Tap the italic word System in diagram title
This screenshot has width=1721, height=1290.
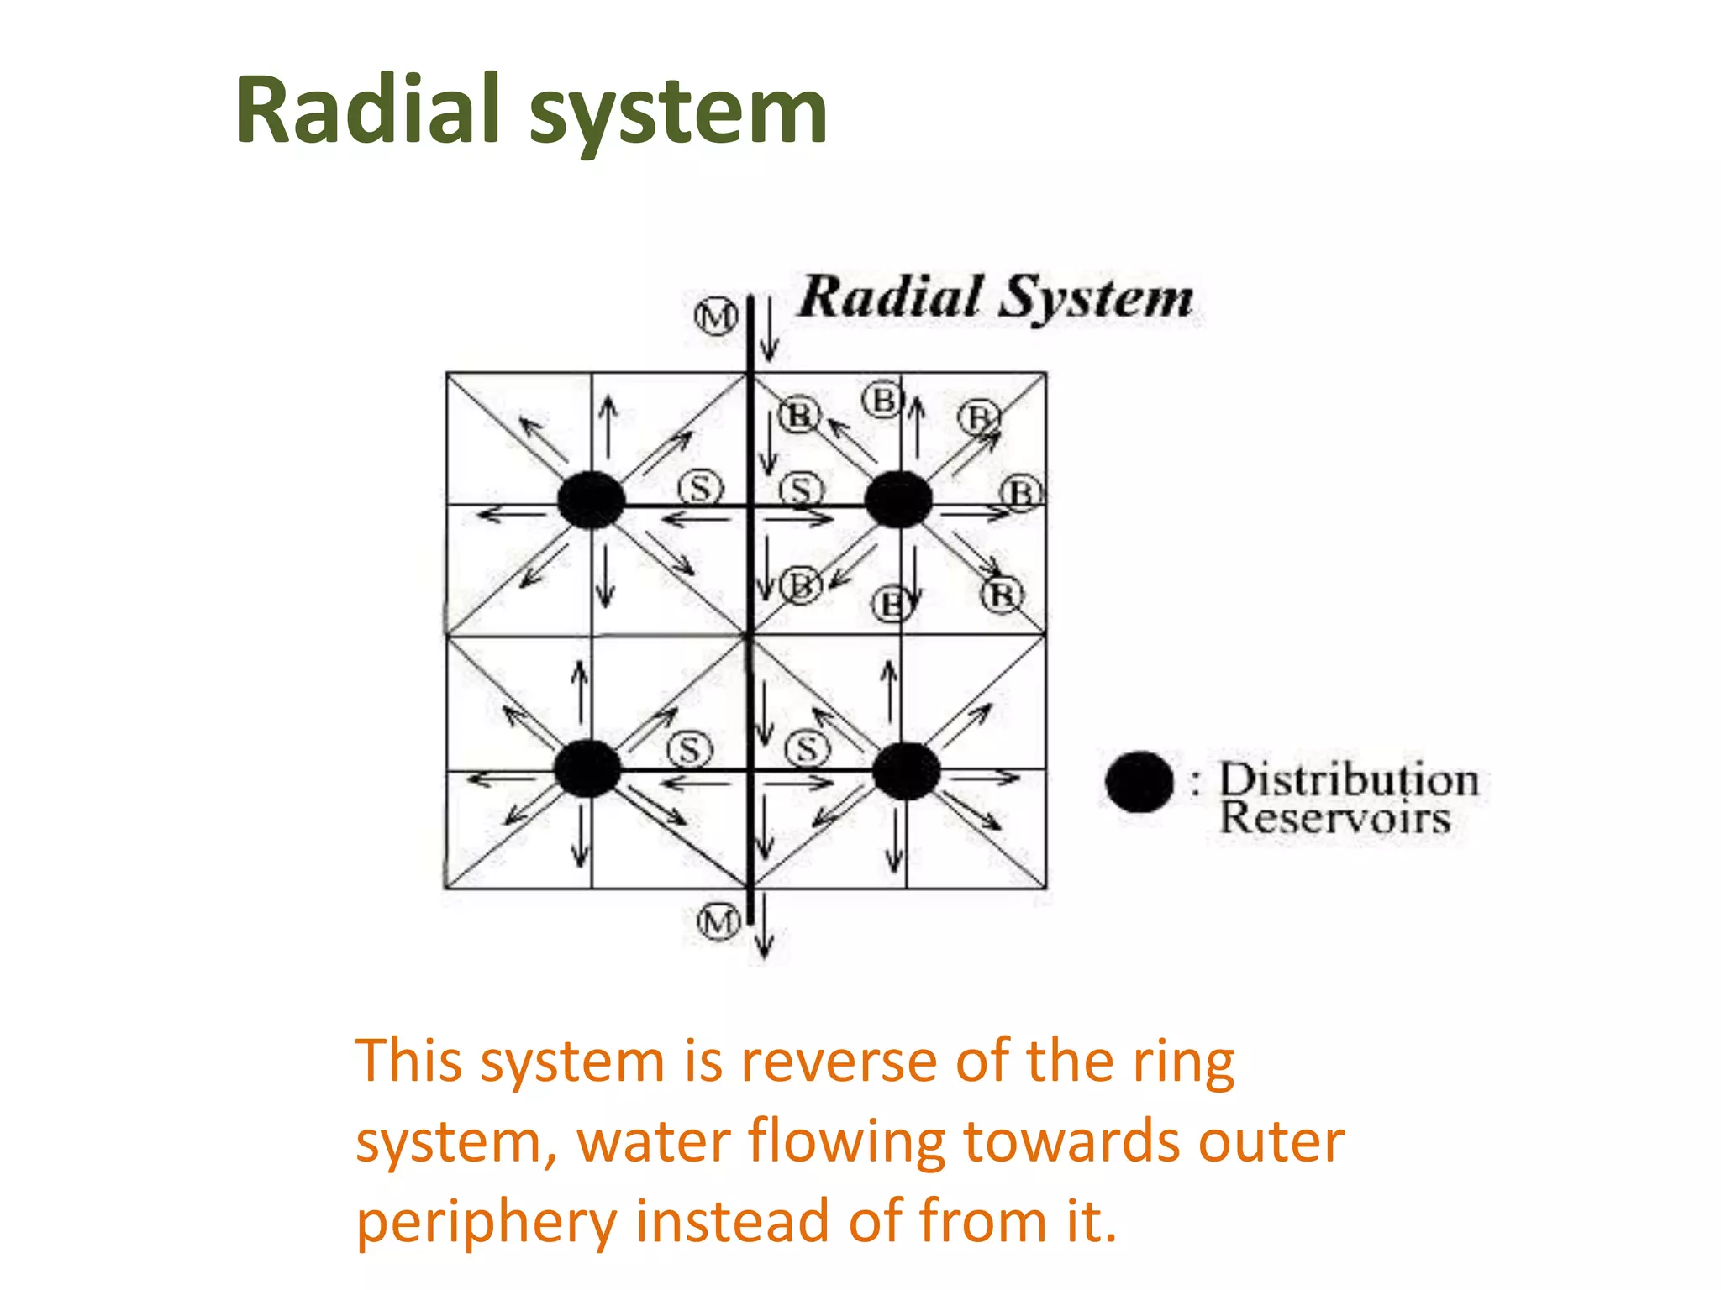point(1097,299)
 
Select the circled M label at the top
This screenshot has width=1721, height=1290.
point(716,317)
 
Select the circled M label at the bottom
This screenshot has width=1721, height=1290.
point(719,922)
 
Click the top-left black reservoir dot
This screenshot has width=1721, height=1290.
point(591,500)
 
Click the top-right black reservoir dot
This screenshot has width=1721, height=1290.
point(898,500)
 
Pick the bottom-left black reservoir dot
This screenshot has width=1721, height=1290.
point(587,768)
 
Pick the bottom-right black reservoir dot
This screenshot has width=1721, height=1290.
point(906,771)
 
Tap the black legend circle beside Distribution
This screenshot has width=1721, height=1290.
point(1139,782)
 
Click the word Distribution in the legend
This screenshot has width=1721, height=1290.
point(1348,780)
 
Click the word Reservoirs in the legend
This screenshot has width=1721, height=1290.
point(1334,819)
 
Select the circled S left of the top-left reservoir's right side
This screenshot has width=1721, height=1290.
point(700,488)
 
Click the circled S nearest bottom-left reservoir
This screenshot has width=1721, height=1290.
point(689,750)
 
